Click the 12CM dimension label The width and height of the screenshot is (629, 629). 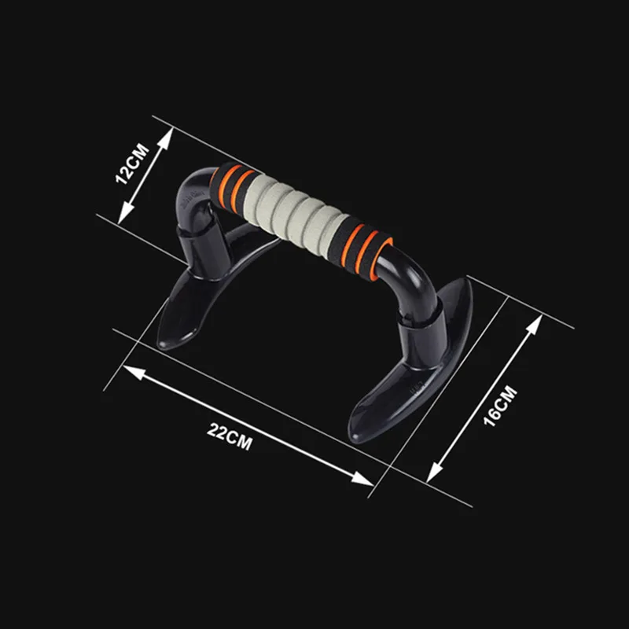[132, 164]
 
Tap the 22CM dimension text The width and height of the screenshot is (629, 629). [230, 437]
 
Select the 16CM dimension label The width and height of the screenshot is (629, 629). [500, 406]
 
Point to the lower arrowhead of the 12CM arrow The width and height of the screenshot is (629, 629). [123, 216]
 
